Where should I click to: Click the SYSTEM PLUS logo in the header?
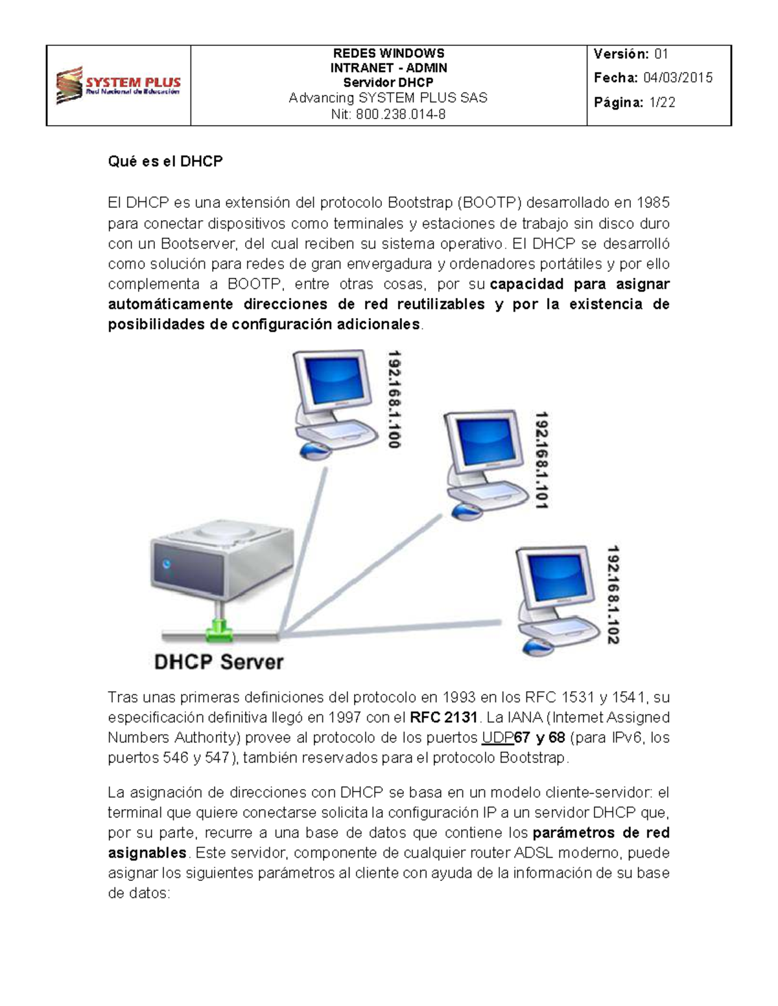click(x=118, y=86)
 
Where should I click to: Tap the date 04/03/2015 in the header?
click(x=678, y=78)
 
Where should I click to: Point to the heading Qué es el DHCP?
click(x=165, y=161)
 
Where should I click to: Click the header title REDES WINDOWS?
click(x=388, y=53)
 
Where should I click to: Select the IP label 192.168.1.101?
click(x=541, y=460)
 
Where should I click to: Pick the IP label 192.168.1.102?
click(x=613, y=595)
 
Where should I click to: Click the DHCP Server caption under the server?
click(x=218, y=662)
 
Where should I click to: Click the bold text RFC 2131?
click(x=444, y=718)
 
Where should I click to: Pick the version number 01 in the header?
click(x=661, y=54)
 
